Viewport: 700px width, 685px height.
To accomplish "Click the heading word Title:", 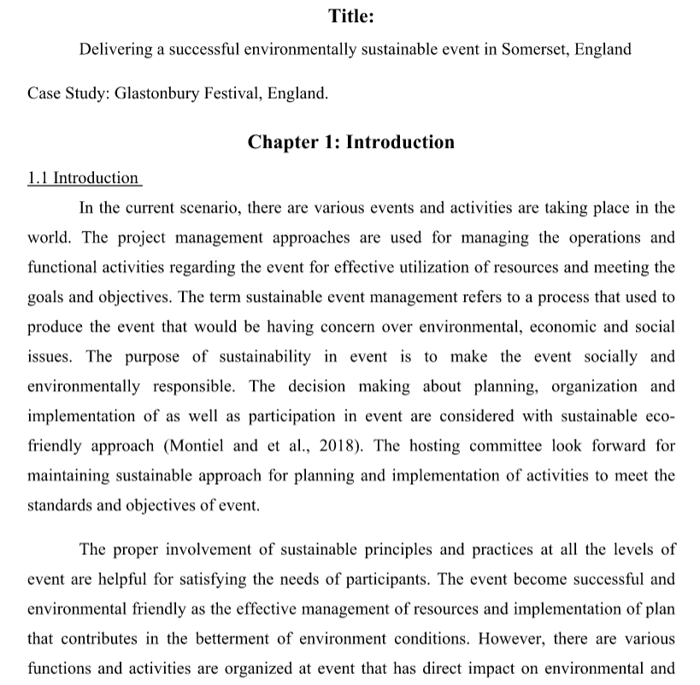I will [x=350, y=15].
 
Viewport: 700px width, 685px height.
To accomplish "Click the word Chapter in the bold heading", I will [x=283, y=141].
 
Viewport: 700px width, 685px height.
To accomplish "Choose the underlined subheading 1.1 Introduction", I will [x=83, y=178].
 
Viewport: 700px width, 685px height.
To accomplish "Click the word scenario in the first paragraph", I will [x=220, y=207].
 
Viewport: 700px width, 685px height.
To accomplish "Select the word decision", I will [x=316, y=387].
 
